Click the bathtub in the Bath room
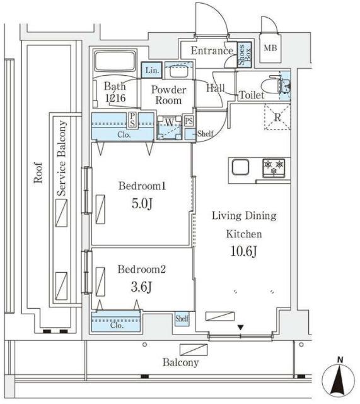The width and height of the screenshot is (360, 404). (x=115, y=62)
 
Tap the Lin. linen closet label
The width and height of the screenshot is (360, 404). (x=152, y=70)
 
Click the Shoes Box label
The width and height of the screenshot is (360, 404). (x=244, y=55)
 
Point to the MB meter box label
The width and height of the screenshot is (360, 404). (x=270, y=48)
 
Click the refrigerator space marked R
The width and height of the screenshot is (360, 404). (x=277, y=117)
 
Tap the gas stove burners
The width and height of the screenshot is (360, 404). (x=273, y=168)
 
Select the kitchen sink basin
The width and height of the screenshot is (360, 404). (x=240, y=167)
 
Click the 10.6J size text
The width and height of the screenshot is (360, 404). (x=243, y=251)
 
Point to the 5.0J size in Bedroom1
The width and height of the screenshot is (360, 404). (x=142, y=203)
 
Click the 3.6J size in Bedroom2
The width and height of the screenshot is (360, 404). (x=141, y=287)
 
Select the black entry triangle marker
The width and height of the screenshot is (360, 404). (x=240, y=327)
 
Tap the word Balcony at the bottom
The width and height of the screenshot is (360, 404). (x=181, y=362)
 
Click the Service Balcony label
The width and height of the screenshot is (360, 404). (x=62, y=158)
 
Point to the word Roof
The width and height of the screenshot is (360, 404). (x=38, y=172)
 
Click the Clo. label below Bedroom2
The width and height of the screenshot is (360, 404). (x=117, y=325)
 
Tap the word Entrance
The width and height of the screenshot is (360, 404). (x=212, y=50)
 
